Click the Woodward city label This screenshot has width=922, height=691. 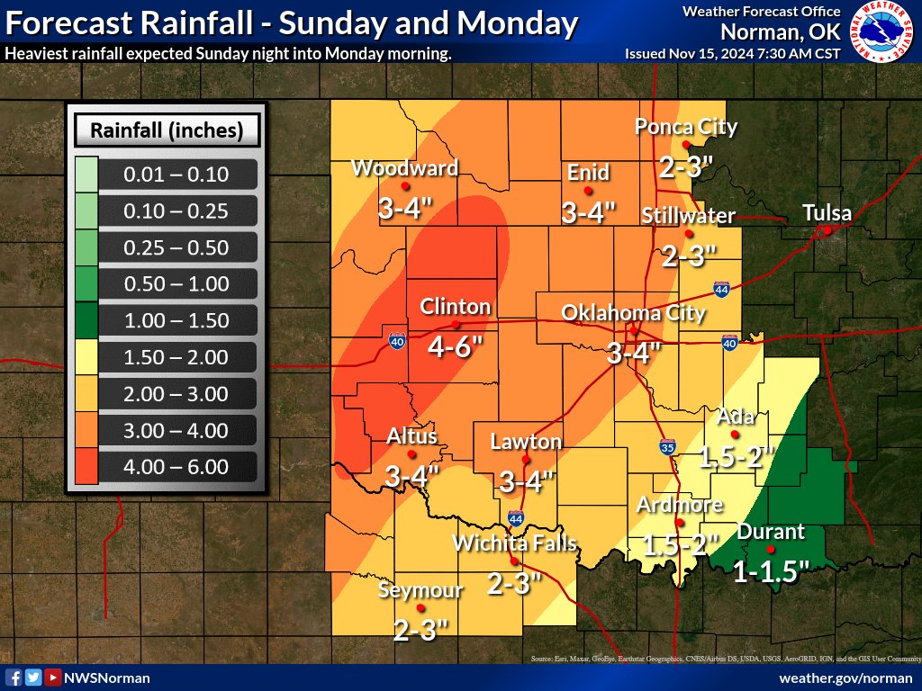pyautogui.click(x=404, y=168)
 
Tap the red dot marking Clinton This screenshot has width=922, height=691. pyautogui.click(x=456, y=324)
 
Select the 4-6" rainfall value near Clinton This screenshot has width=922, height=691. pyautogui.click(x=456, y=347)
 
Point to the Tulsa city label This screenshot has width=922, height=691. pyautogui.click(x=827, y=213)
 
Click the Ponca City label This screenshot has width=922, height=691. pyautogui.click(x=686, y=127)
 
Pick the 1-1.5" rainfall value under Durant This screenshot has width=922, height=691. pyautogui.click(x=772, y=571)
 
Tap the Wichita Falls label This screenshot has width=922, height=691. pyautogui.click(x=514, y=543)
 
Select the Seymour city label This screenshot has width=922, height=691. pyautogui.click(x=420, y=590)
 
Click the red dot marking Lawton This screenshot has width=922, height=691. pyautogui.click(x=526, y=459)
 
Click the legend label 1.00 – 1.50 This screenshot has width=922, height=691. pyautogui.click(x=177, y=320)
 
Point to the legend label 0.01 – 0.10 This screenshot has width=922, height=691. pyautogui.click(x=177, y=175)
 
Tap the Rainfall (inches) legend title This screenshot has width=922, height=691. pyautogui.click(x=167, y=130)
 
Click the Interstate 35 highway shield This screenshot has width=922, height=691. pyautogui.click(x=667, y=446)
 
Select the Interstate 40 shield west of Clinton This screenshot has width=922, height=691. pyautogui.click(x=396, y=340)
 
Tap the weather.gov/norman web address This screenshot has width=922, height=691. pyautogui.click(x=845, y=678)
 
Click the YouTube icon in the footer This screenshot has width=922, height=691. pyautogui.click(x=53, y=678)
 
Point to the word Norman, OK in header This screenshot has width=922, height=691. pyautogui.click(x=781, y=32)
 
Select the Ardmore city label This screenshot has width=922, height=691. pyautogui.click(x=680, y=505)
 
